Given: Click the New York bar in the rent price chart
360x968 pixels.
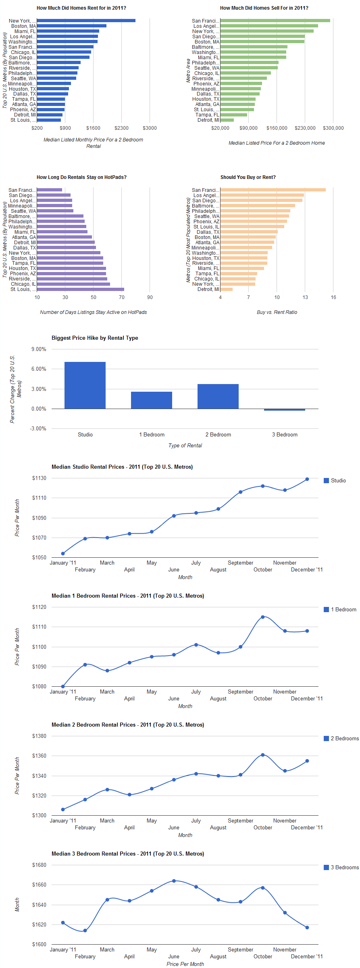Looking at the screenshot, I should tap(86, 21).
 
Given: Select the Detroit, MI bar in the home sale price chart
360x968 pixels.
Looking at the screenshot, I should tap(227, 120).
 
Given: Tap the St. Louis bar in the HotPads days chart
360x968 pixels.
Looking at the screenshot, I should tap(80, 289).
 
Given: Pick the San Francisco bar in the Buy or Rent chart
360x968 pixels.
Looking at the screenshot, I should tap(273, 190).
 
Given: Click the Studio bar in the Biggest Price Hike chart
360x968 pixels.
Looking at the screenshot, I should tap(85, 385).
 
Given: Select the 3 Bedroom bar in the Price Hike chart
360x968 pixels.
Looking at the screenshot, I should tap(285, 409).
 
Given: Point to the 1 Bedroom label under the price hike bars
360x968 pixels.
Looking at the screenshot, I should tap(152, 434).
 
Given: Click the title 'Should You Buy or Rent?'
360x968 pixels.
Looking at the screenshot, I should tap(248, 177).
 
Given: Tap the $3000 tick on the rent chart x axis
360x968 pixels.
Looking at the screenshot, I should tap(150, 128).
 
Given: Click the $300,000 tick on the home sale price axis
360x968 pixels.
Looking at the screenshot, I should tap(333, 128).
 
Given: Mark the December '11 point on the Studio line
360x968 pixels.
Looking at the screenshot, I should tap(307, 479).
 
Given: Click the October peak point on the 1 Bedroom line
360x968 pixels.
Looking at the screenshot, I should tap(263, 617).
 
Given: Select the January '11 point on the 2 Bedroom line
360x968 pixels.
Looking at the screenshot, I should tap(63, 809).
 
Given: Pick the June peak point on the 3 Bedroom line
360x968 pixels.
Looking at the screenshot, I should tap(174, 881).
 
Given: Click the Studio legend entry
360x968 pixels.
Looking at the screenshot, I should tap(335, 480).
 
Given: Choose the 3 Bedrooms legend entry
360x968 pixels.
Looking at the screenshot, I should tap(341, 867).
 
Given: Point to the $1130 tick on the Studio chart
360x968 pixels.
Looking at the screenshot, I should tap(39, 478).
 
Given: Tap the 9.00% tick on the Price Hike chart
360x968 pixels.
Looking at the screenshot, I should tap(39, 349).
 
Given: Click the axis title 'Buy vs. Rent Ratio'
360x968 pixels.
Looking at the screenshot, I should tap(277, 312).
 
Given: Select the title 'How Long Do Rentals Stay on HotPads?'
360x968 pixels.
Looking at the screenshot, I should tap(81, 177).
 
